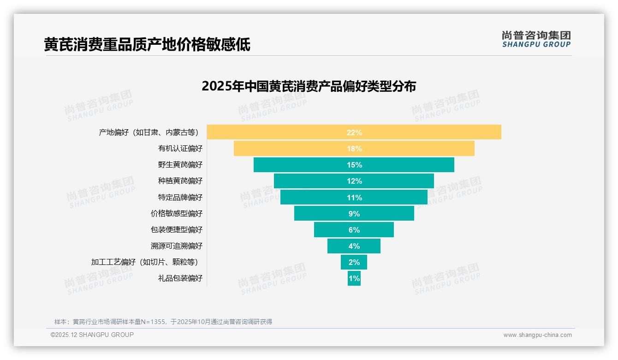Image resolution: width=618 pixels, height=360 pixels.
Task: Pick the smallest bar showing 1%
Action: tap(354, 278)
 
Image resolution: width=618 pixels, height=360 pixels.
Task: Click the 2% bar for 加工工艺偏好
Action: tap(354, 262)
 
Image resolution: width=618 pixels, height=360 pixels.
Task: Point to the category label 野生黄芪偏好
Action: tap(180, 165)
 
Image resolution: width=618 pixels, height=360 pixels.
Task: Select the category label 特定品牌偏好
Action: tap(180, 197)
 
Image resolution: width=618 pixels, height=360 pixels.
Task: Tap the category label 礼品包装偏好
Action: tap(180, 278)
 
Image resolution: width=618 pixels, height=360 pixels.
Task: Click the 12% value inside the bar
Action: tap(354, 181)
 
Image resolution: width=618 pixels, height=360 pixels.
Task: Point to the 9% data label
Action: tap(354, 214)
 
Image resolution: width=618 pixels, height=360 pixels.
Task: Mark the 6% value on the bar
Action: tap(354, 230)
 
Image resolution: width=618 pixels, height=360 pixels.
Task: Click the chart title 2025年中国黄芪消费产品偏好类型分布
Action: tap(309, 86)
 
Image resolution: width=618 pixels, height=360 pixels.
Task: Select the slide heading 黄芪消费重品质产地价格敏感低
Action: tap(147, 45)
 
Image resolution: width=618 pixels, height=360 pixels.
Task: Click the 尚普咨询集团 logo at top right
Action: tap(536, 39)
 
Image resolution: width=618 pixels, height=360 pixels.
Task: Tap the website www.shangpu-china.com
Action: tap(537, 335)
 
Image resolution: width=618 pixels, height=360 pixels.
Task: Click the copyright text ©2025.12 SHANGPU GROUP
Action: tap(92, 335)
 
